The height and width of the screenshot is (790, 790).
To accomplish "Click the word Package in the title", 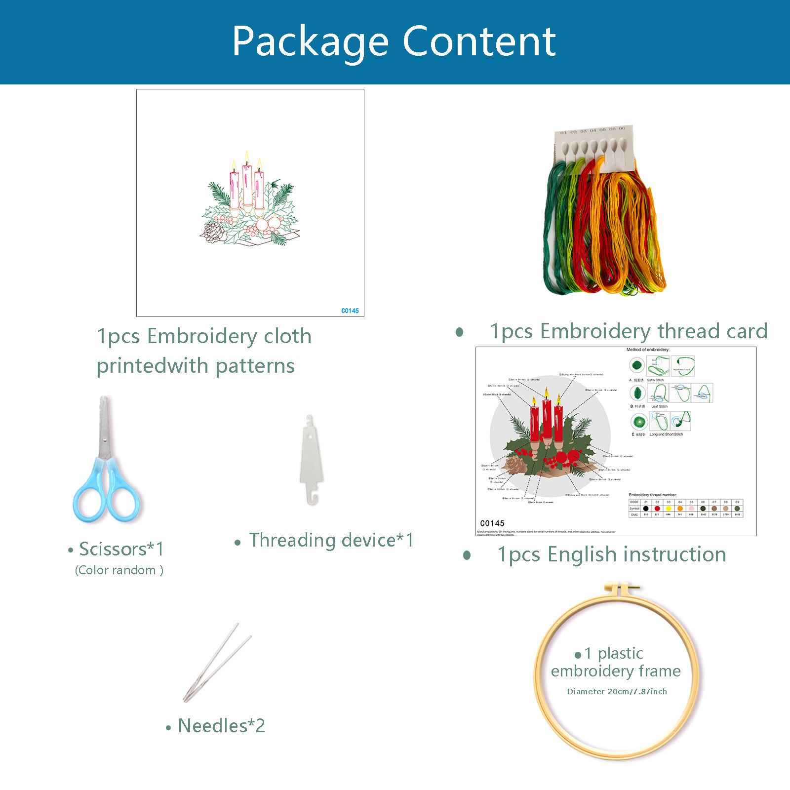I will pyautogui.click(x=310, y=42).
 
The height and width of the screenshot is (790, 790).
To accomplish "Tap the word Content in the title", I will pyautogui.click(x=479, y=41).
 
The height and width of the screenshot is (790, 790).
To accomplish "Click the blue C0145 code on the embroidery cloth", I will pyautogui.click(x=350, y=311).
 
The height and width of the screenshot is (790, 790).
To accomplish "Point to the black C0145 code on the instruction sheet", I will pyautogui.click(x=492, y=523).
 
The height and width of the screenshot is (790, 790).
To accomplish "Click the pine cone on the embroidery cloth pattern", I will pyautogui.click(x=214, y=232).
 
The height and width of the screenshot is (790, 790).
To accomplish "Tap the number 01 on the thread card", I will pyautogui.click(x=564, y=133).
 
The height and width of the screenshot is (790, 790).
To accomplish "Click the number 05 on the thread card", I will pyautogui.click(x=603, y=130).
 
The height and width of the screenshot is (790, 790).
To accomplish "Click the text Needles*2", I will pyautogui.click(x=221, y=726).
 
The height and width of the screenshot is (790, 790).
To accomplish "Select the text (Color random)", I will pyautogui.click(x=119, y=570).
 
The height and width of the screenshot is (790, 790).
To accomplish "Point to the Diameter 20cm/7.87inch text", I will pyautogui.click(x=617, y=692).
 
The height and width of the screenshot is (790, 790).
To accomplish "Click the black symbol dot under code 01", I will pyautogui.click(x=646, y=509).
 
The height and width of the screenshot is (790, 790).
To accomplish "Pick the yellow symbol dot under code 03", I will pyautogui.click(x=669, y=509).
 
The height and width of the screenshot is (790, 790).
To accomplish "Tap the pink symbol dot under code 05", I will pyautogui.click(x=691, y=509).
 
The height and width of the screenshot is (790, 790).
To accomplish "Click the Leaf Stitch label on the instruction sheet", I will pyautogui.click(x=659, y=406).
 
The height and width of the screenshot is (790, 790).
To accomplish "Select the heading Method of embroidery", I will pyautogui.click(x=648, y=350).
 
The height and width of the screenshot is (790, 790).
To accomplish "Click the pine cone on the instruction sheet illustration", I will pyautogui.click(x=515, y=464).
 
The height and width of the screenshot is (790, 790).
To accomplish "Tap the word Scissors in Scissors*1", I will pyautogui.click(x=113, y=549).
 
